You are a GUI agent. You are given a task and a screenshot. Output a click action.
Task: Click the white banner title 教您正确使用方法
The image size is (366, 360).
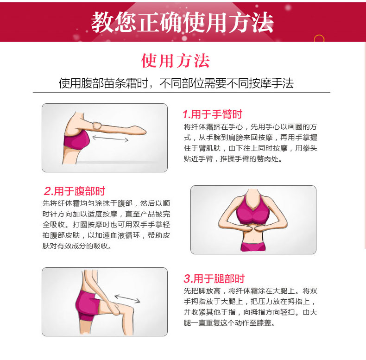click(x=182, y=22)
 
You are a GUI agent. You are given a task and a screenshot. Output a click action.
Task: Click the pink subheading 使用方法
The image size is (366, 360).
click(x=175, y=61)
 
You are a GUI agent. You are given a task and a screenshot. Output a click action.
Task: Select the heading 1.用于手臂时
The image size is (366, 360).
click(x=213, y=114)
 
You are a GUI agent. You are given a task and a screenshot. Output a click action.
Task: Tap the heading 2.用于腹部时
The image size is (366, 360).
click(x=75, y=191)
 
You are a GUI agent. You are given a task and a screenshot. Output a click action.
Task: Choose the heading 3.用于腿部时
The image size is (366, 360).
click(x=214, y=278)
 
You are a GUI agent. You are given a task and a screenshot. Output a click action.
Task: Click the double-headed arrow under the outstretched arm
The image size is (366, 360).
click(x=110, y=139)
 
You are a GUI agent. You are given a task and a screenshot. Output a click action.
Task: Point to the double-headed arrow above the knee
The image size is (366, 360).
click(x=127, y=298)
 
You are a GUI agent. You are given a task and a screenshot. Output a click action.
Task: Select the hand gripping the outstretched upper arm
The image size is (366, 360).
click(x=97, y=126)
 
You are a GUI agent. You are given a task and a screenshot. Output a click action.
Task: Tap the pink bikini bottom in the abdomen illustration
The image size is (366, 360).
click(x=253, y=247)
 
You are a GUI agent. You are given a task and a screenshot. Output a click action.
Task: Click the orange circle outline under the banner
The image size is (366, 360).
click(x=319, y=38)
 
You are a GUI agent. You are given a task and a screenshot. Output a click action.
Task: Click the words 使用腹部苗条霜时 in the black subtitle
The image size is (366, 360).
click(x=103, y=83)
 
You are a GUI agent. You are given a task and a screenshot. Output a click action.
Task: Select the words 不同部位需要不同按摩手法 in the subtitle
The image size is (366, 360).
click(x=227, y=83)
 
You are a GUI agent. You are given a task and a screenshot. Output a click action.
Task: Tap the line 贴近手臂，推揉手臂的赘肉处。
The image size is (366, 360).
click(x=233, y=159)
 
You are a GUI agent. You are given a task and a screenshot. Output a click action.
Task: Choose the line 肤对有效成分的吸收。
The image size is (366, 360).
click(x=77, y=246)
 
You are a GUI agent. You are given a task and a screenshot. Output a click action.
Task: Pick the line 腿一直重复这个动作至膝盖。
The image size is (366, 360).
click(x=230, y=323)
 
